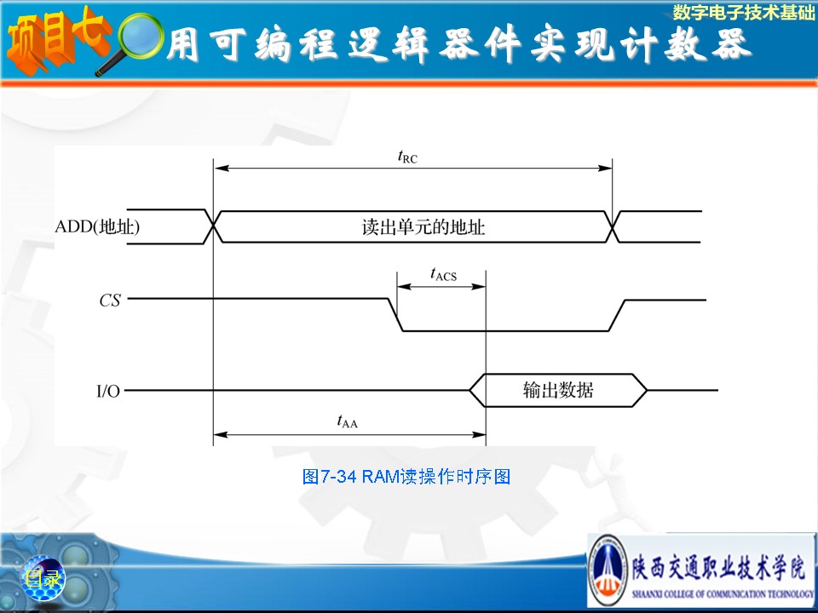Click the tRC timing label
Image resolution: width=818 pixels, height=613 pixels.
click(x=407, y=157)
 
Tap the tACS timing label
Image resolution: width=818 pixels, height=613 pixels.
click(x=443, y=274)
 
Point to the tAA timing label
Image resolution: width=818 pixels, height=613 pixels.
click(x=348, y=421)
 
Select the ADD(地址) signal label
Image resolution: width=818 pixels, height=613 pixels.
click(x=97, y=226)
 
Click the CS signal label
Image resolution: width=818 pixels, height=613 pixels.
click(x=110, y=301)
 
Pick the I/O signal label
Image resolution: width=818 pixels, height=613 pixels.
click(x=108, y=391)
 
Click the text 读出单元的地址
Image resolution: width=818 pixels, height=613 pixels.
click(x=423, y=227)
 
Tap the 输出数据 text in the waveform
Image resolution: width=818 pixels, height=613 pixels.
click(x=558, y=390)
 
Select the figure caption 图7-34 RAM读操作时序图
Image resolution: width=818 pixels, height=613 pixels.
click(x=406, y=477)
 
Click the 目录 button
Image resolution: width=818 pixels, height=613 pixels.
click(x=43, y=578)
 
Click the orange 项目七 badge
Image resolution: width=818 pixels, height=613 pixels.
click(x=56, y=41)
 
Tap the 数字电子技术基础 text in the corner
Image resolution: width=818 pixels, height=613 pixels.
click(x=743, y=12)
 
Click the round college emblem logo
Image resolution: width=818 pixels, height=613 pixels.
click(x=608, y=570)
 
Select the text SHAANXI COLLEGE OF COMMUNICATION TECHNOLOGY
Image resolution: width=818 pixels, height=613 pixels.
click(x=723, y=593)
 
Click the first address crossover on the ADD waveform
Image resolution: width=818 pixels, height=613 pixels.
click(x=213, y=226)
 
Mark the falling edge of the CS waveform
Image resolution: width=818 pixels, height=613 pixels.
click(x=395, y=315)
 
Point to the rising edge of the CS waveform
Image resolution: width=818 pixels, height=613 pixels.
click(x=617, y=315)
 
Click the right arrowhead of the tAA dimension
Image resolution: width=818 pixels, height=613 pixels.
click(x=479, y=434)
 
